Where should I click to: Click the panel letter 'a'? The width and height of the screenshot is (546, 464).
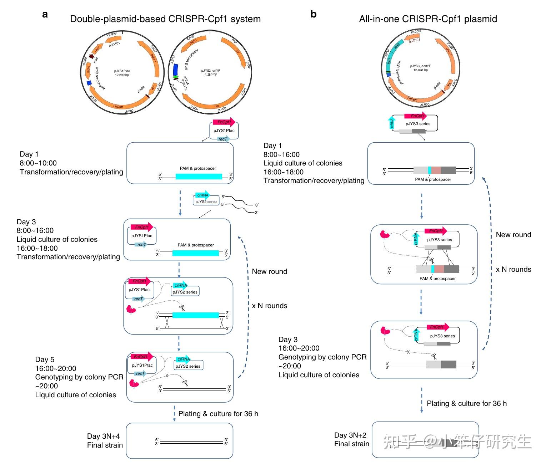click(45, 15)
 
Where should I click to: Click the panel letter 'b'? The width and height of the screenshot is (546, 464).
click(313, 14)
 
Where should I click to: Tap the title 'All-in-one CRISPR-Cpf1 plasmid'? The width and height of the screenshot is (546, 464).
click(428, 19)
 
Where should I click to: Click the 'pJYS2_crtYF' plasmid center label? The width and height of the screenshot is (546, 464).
click(210, 72)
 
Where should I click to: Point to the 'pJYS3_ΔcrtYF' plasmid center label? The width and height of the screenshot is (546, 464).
click(420, 68)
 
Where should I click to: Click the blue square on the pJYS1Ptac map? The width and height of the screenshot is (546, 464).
click(89, 83)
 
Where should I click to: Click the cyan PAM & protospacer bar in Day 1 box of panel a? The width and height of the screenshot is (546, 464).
click(199, 176)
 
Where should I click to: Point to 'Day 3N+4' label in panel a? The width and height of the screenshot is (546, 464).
click(103, 436)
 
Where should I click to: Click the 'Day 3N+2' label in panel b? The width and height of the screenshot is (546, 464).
click(350, 435)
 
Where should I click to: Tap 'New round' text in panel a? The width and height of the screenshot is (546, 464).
click(269, 271)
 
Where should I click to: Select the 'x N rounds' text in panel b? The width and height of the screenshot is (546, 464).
click(513, 269)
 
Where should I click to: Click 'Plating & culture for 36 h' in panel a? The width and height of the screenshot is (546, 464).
click(218, 414)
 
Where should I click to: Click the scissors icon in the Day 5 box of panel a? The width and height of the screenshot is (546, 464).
click(185, 383)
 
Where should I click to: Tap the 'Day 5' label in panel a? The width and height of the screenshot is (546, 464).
click(45, 360)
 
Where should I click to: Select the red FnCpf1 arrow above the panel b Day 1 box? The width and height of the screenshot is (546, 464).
click(415, 116)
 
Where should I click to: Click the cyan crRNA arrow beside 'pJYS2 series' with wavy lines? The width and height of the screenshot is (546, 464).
click(202, 195)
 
